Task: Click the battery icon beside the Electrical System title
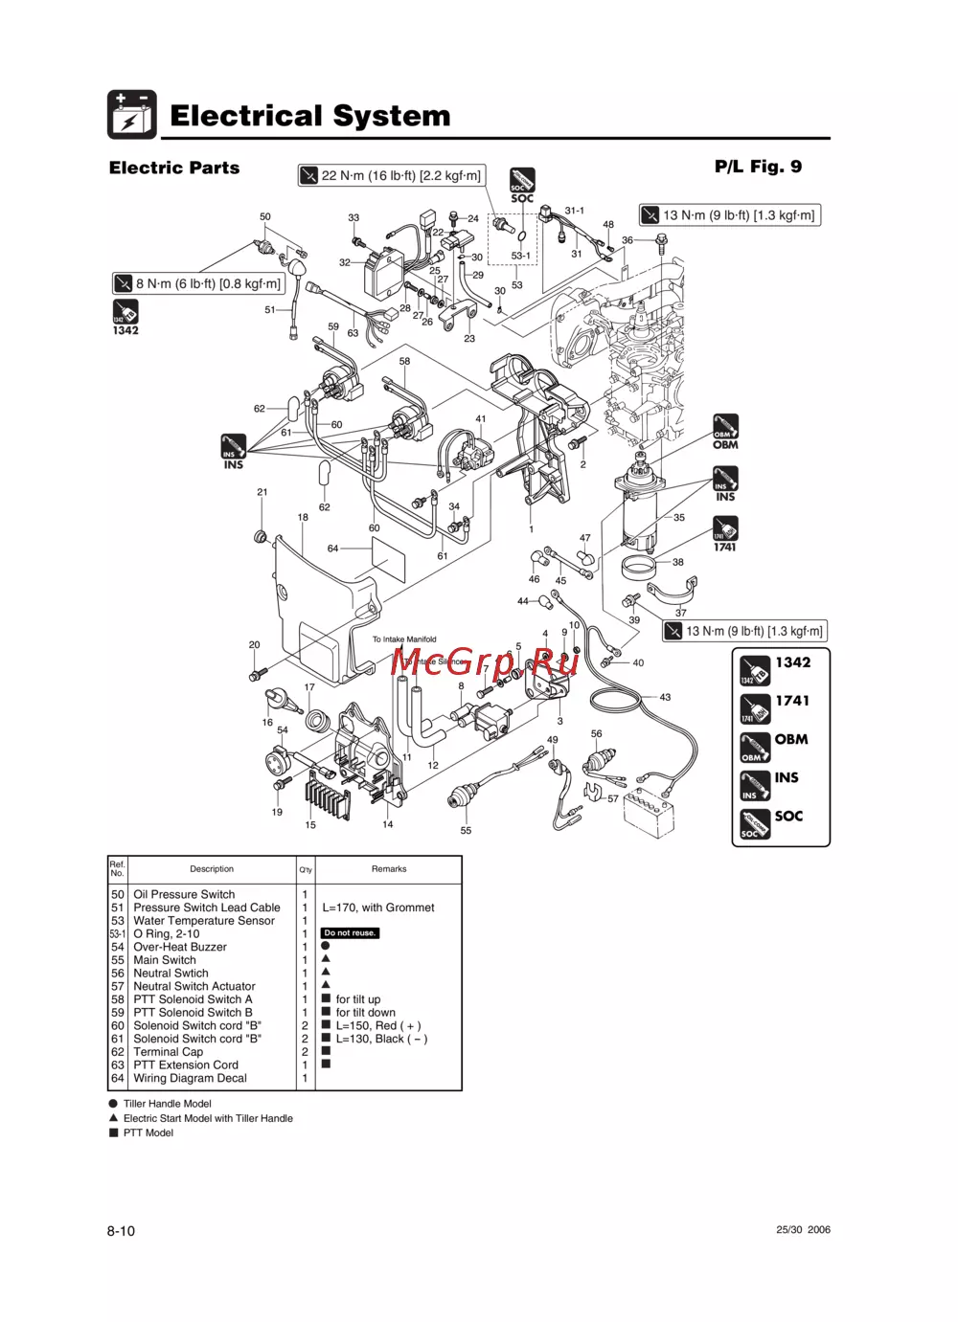[x=131, y=115]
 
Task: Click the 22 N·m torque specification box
[x=391, y=175]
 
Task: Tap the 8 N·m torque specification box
[x=198, y=283]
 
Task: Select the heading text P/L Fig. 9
[x=758, y=167]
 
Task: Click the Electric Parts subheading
[x=174, y=168]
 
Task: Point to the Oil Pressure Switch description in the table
[x=184, y=894]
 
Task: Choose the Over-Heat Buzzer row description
[x=180, y=947]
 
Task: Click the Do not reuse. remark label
[x=350, y=933]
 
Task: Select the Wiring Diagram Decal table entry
[x=190, y=1078]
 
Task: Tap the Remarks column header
[x=389, y=869]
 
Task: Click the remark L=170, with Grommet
[x=378, y=907]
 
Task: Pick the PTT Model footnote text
[x=148, y=1132]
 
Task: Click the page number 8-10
[x=121, y=1231]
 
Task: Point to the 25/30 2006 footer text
[x=803, y=1230]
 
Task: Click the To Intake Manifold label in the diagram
[x=404, y=639]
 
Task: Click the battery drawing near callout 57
[x=649, y=814]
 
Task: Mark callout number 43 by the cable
[x=665, y=697]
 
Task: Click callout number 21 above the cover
[x=262, y=492]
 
